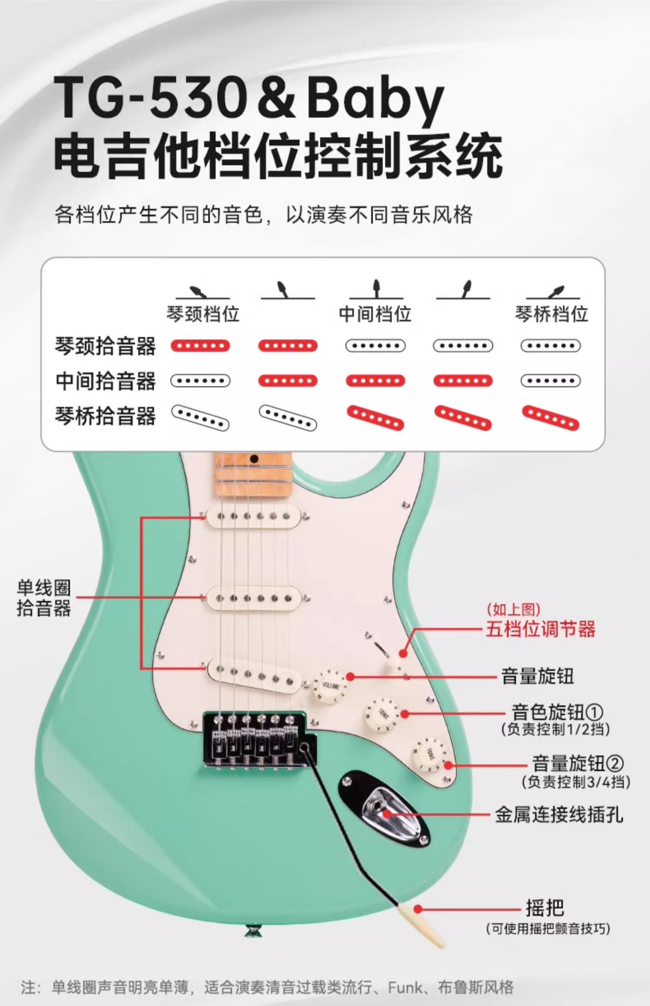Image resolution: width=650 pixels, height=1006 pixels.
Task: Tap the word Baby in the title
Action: coord(374,100)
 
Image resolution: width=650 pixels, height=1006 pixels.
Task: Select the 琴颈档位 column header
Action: coord(203,314)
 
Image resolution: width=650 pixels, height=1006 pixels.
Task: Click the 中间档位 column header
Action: coord(375,314)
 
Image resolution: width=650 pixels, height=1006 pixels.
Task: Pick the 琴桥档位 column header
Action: coord(551,314)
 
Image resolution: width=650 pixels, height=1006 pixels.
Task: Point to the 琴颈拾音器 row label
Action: coord(105,346)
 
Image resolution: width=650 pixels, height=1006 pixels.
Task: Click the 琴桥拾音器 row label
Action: coord(105,416)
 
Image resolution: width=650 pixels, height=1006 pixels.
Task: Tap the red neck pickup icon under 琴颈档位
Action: coord(200,346)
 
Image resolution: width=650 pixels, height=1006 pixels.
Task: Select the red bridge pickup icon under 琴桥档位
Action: coord(550,418)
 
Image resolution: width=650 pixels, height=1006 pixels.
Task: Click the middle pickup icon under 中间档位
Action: coord(375,381)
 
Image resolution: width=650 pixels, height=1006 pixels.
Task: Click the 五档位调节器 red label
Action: coord(540,628)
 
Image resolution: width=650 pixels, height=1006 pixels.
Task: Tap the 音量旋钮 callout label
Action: coord(537,676)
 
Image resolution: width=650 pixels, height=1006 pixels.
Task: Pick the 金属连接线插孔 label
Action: coord(559,815)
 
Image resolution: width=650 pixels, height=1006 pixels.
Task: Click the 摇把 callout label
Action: coord(545,907)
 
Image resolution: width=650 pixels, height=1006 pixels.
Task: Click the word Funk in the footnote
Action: coord(405,988)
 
